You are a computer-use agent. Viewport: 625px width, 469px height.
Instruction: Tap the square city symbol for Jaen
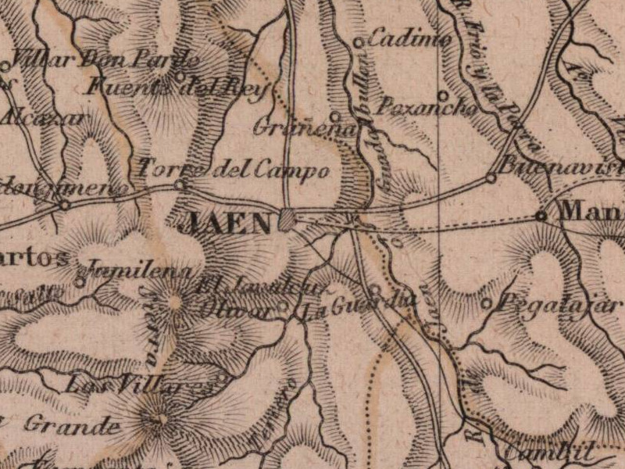[287, 220]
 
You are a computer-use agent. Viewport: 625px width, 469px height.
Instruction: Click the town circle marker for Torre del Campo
[180, 185]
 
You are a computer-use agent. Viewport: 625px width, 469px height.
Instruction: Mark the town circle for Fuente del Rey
[180, 77]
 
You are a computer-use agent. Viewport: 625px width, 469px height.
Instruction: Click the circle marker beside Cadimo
[359, 42]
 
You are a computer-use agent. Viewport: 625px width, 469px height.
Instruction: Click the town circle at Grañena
[334, 116]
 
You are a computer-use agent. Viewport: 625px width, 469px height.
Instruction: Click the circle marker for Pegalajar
[487, 303]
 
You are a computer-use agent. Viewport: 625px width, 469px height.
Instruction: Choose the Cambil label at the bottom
[550, 451]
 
